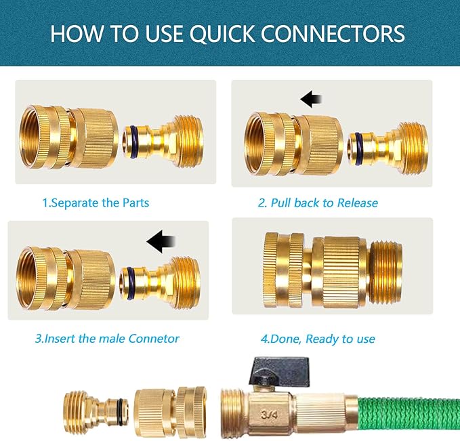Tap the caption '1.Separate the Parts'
click(x=96, y=203)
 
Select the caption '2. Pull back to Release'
click(x=318, y=203)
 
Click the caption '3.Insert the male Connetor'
click(x=107, y=338)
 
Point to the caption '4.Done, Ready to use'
click(x=318, y=338)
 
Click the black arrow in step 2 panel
click(x=311, y=100)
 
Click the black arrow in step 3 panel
click(x=161, y=240)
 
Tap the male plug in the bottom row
click(x=94, y=411)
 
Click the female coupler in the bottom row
click(x=171, y=412)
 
